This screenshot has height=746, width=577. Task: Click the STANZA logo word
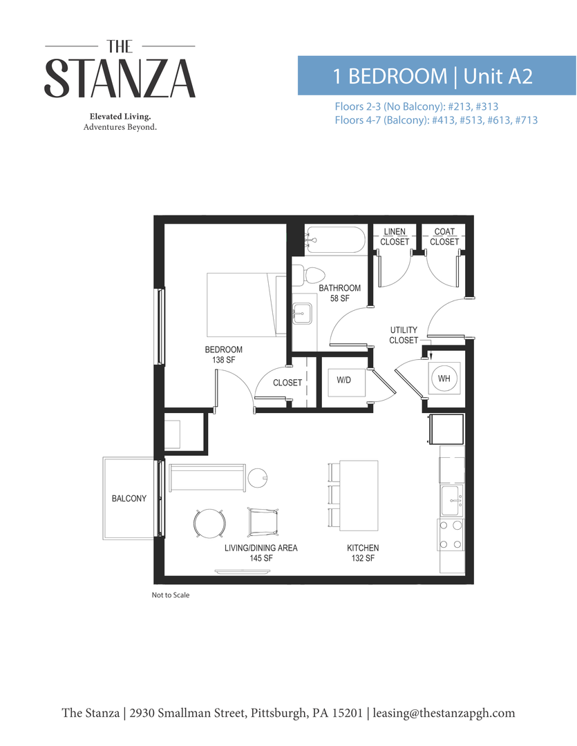(x=120, y=77)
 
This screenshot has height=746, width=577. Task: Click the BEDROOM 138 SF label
(x=223, y=355)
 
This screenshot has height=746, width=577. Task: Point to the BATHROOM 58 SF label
(x=339, y=293)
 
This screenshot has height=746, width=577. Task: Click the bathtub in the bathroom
(x=335, y=241)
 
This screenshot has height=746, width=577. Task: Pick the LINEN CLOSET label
(x=395, y=237)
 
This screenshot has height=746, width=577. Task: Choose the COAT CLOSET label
(x=444, y=237)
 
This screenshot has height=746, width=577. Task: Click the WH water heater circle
(x=444, y=378)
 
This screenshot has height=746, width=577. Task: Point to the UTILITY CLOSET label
(x=404, y=336)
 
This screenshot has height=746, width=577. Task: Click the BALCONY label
(x=129, y=499)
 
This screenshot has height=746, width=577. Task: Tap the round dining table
(x=209, y=523)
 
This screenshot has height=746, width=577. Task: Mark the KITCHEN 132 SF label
(x=363, y=553)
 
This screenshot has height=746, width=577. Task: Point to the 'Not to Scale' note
(x=171, y=595)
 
